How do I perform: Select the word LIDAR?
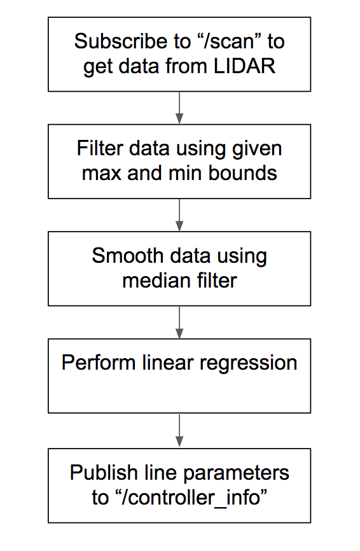point(244,66)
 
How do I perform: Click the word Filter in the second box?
point(99,148)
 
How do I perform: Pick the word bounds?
point(243,173)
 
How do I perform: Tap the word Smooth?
point(128,256)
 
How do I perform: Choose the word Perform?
point(99,363)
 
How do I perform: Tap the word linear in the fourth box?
point(167,363)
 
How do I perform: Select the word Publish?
point(104,472)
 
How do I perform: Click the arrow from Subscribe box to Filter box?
point(179,108)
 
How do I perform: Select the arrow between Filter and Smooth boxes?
point(179,215)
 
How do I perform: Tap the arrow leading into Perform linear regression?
point(179,322)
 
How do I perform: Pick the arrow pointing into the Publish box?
point(179,431)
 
